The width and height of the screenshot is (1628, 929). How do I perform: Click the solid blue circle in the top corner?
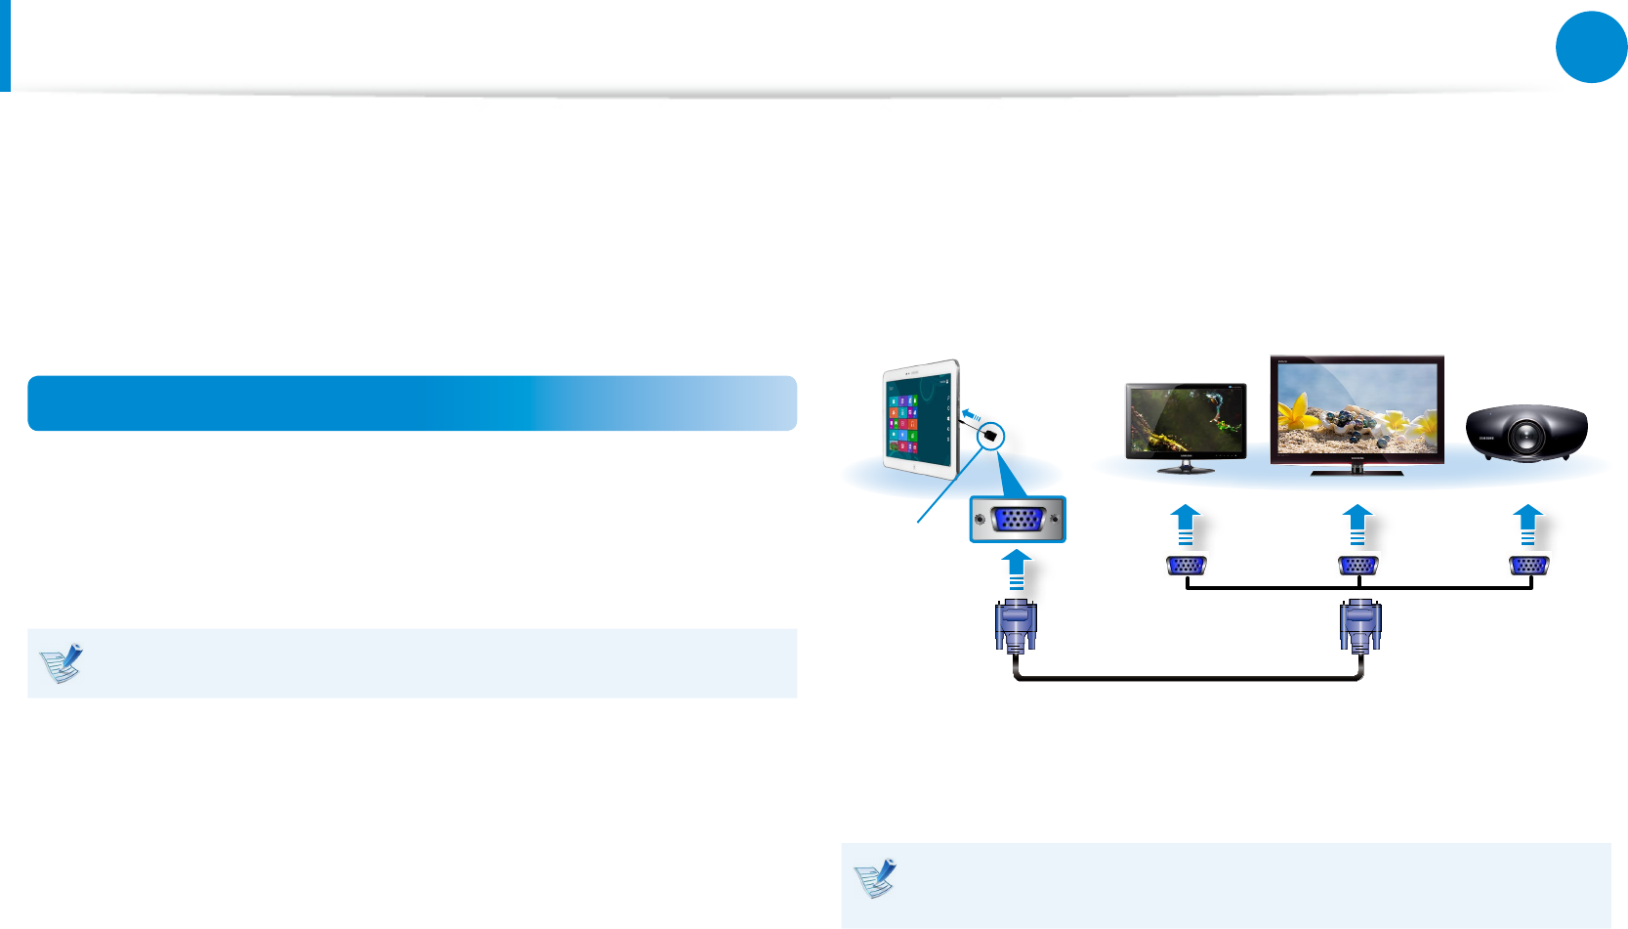1591,47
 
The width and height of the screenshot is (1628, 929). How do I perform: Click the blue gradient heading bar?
411,402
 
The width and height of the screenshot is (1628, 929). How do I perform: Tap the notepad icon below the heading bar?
61,663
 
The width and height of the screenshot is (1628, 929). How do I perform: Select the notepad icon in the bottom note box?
875,878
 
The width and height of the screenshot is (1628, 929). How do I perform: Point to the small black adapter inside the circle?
991,437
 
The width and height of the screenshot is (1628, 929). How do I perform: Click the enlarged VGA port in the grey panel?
1018,519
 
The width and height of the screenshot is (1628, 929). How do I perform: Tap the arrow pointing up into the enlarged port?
1017,569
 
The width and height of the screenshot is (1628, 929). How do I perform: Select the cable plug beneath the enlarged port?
1016,625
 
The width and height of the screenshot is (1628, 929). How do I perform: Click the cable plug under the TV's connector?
1359,625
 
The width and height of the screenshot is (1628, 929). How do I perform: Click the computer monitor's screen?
1186,420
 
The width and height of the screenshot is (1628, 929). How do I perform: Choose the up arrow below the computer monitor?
1186,525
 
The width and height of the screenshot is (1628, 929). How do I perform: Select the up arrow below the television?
1357,525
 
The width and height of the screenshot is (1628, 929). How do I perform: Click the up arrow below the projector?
1528,525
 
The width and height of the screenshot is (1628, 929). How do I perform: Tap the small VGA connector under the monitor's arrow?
1187,566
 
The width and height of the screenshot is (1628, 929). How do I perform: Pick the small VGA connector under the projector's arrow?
1528,566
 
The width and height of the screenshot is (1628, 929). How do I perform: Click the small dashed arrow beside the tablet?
971,416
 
